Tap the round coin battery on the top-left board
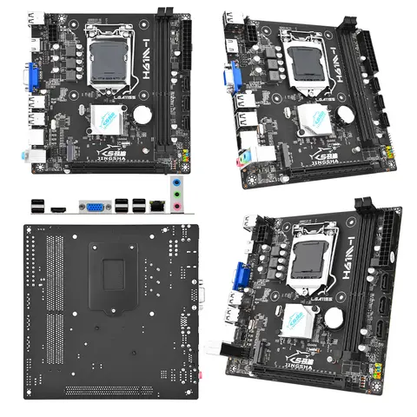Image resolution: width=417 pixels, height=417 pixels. [x=141, y=112]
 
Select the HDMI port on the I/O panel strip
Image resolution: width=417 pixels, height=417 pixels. [x=58, y=207]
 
